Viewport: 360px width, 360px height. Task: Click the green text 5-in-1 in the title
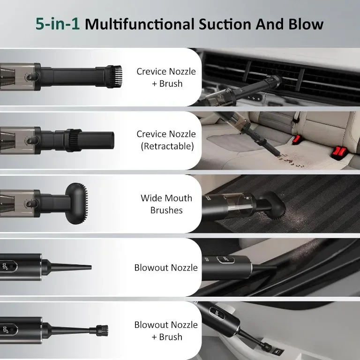click(57, 24)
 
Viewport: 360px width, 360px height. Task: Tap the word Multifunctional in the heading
click(140, 24)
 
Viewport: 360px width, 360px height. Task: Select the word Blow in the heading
click(306, 24)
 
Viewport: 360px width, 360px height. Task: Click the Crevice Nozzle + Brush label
click(166, 77)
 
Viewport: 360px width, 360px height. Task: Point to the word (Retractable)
click(167, 146)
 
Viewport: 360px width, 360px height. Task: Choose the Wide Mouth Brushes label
click(166, 204)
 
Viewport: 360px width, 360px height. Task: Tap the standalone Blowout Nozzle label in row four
click(166, 268)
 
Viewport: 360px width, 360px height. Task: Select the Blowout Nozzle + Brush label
click(166, 330)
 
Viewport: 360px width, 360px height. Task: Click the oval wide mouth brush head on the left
click(77, 203)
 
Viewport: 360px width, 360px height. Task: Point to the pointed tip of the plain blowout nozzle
click(90, 267)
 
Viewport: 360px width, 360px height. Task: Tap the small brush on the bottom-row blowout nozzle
click(102, 330)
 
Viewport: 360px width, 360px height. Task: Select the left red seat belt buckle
click(296, 139)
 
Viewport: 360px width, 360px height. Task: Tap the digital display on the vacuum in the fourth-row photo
click(225, 260)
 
